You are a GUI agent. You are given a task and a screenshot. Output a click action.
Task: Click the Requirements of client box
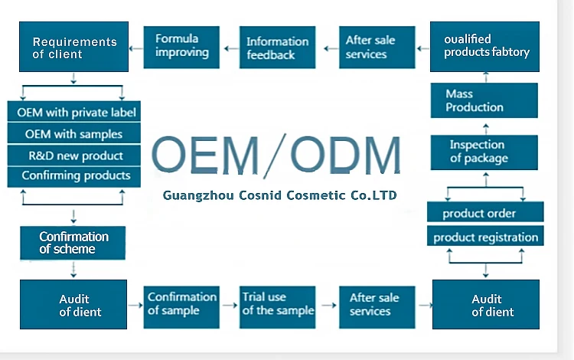[x=73, y=47]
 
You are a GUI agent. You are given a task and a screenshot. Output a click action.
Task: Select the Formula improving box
[x=181, y=47]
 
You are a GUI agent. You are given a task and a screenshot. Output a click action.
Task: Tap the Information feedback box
[x=278, y=47]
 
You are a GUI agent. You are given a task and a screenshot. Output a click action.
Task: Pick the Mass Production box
[x=484, y=100]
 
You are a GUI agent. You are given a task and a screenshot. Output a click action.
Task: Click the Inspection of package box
[x=484, y=152]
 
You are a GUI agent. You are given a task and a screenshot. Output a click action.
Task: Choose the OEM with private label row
[x=74, y=111]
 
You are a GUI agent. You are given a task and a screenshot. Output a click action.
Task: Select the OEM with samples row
[x=74, y=133]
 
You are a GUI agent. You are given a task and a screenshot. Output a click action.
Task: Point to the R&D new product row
[x=74, y=155]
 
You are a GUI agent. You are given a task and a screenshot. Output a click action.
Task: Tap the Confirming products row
[x=74, y=177]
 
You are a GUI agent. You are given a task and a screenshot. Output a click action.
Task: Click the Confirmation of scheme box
[x=73, y=243]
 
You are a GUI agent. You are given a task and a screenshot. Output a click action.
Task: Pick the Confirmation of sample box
[x=181, y=307]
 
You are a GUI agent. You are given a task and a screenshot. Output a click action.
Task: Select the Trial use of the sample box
[x=278, y=307]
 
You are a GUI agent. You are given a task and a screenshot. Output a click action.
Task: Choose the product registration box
[x=485, y=236]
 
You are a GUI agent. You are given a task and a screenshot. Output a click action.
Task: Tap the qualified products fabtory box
[x=484, y=47]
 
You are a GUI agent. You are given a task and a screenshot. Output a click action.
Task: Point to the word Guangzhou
[x=198, y=196]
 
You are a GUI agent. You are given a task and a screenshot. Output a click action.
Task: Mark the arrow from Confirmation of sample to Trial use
[x=230, y=305]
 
